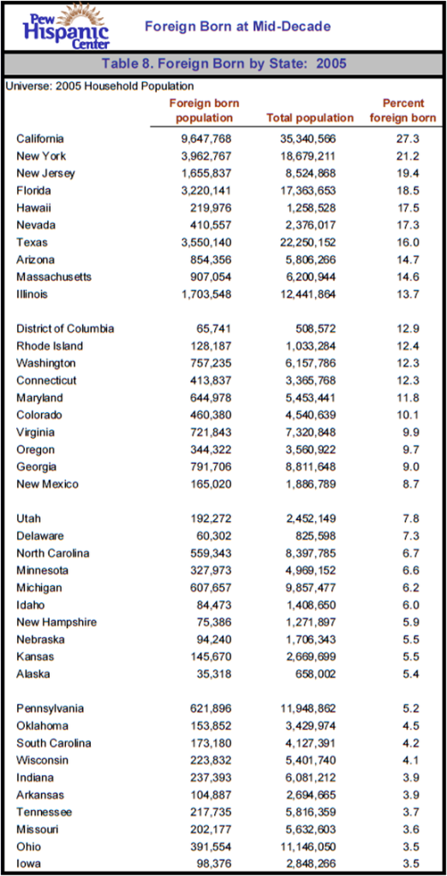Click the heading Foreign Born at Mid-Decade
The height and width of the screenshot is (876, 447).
pos(237,27)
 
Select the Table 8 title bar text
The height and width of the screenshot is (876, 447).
pos(223,64)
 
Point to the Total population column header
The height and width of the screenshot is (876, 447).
pos(310,118)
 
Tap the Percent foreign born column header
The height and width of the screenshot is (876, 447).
pos(402,110)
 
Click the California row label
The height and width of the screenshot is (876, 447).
pos(40,139)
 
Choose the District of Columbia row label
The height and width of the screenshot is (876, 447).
pos(65,328)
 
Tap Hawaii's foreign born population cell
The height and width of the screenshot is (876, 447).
pos(212,208)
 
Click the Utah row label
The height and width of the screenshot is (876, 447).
pos(28,518)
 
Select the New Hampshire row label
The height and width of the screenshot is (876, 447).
pos(57,622)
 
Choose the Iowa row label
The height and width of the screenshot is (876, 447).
pos(29,864)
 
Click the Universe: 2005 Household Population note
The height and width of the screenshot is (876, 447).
pos(99,86)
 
